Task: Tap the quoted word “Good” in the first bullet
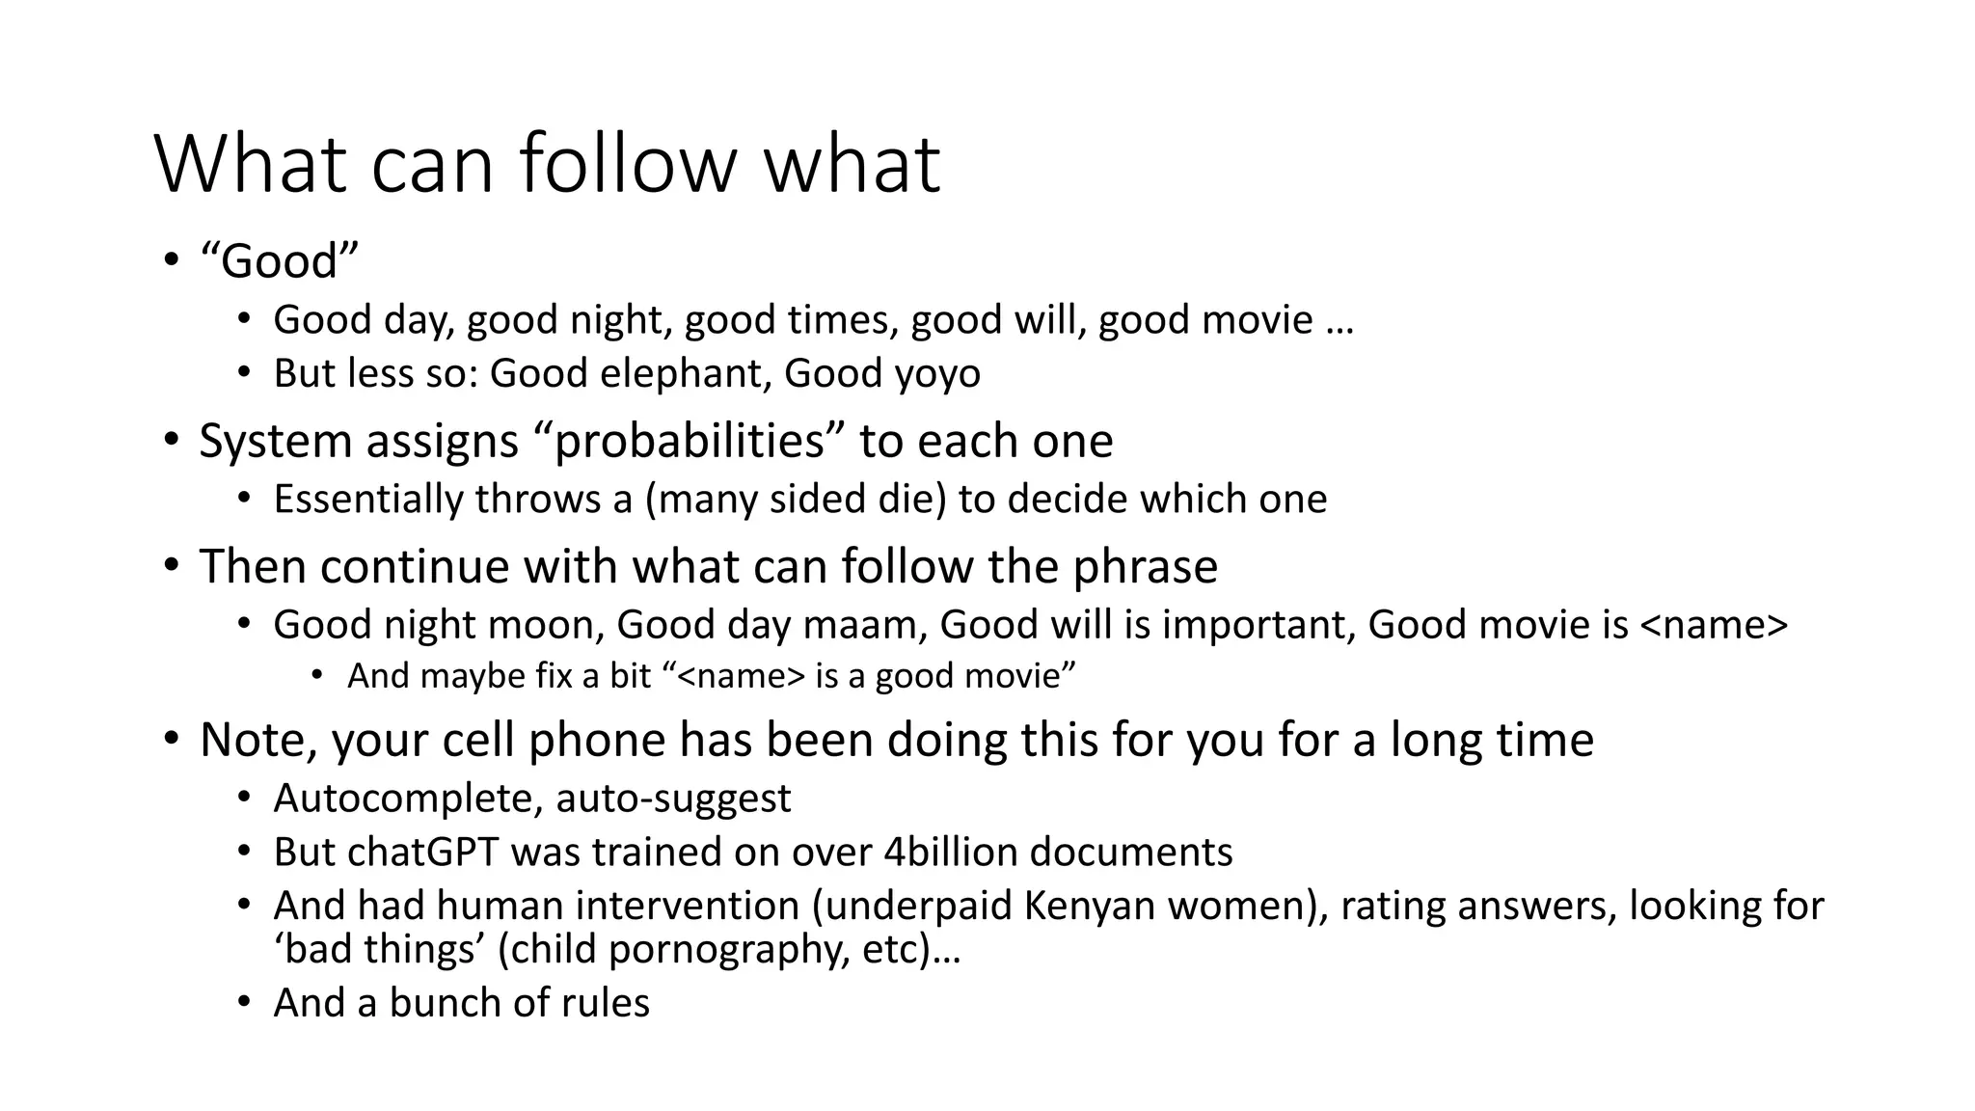(280, 261)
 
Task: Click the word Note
(258, 741)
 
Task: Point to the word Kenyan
(1082, 907)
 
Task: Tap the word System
(275, 442)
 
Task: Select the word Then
(253, 566)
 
